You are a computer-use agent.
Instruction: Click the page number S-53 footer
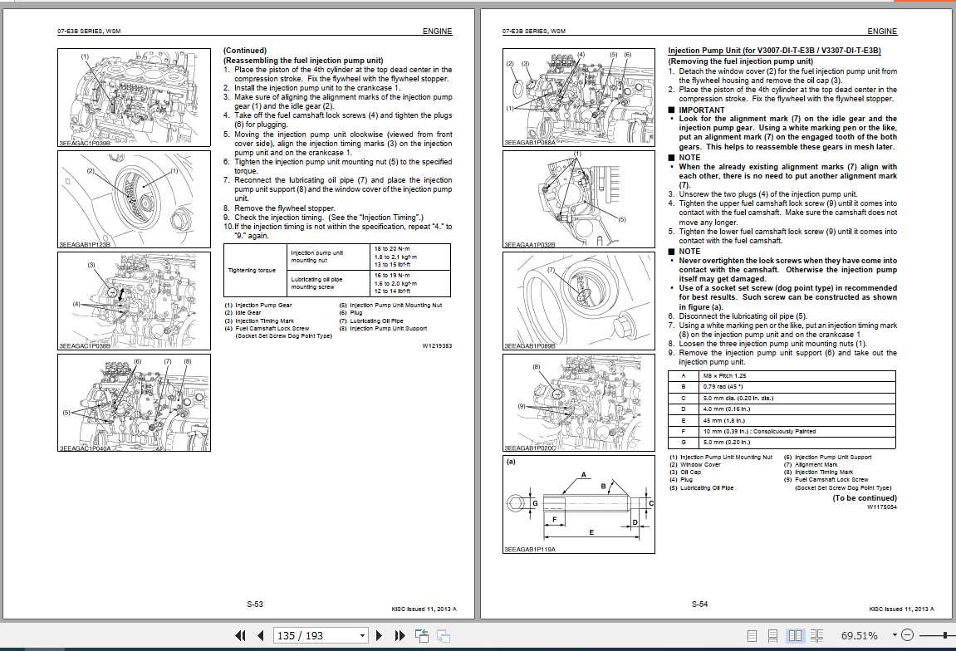pyautogui.click(x=255, y=604)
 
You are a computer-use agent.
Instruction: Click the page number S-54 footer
pyautogui.click(x=699, y=604)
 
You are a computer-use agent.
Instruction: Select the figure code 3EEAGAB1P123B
pyautogui.click(x=85, y=246)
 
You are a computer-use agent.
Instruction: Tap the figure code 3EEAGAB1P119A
pyautogui.click(x=530, y=550)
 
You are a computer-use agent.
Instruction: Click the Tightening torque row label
pyautogui.click(x=252, y=270)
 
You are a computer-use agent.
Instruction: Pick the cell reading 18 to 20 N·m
pyautogui.click(x=393, y=249)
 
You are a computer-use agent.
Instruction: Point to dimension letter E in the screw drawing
pyautogui.click(x=591, y=531)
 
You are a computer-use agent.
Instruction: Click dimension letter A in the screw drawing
pyautogui.click(x=584, y=474)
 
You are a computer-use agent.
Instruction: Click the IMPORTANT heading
pyautogui.click(x=701, y=110)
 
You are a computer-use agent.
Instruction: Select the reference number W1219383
pyautogui.click(x=437, y=345)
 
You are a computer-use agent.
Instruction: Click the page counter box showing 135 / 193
pyautogui.click(x=320, y=635)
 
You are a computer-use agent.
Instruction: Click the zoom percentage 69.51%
pyautogui.click(x=859, y=635)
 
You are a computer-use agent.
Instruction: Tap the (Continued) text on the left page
pyautogui.click(x=244, y=51)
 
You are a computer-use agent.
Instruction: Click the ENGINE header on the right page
pyautogui.click(x=882, y=32)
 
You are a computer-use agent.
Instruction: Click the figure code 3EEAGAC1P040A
pyautogui.click(x=85, y=448)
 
